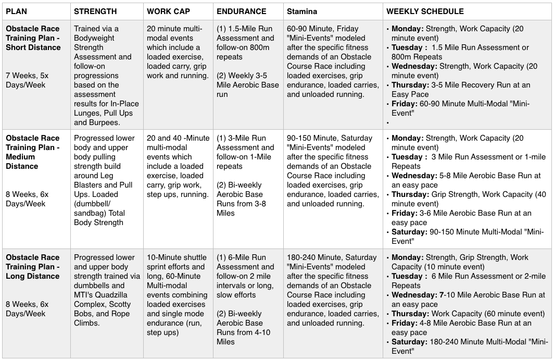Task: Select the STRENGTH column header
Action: (95, 11)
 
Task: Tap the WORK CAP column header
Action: (168, 11)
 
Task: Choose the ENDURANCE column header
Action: (241, 11)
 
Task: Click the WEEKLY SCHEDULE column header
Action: (425, 11)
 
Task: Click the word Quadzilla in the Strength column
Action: (118, 295)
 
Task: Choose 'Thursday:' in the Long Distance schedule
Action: (410, 314)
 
